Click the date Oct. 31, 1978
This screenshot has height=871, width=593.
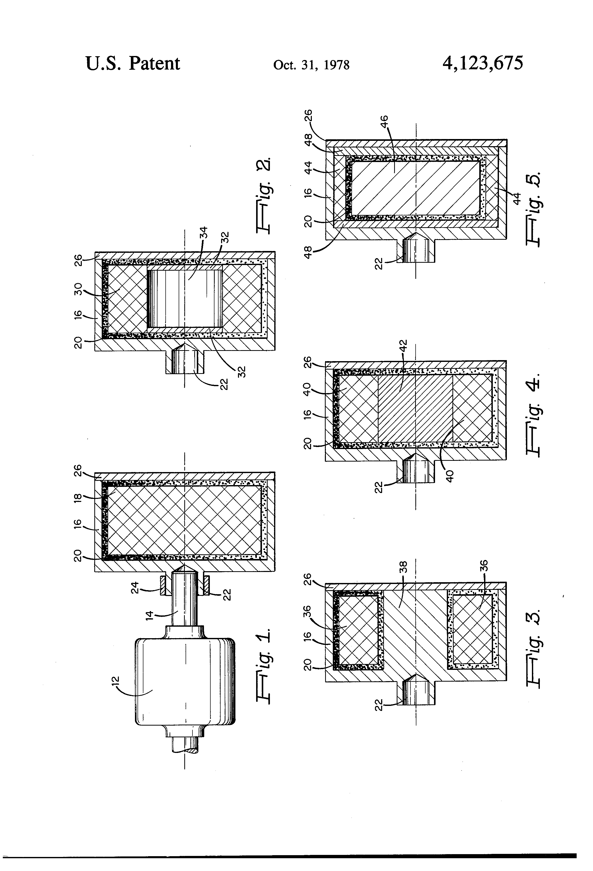(311, 65)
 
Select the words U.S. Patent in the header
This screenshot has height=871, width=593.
(133, 63)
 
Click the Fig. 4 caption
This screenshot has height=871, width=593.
(534, 414)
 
